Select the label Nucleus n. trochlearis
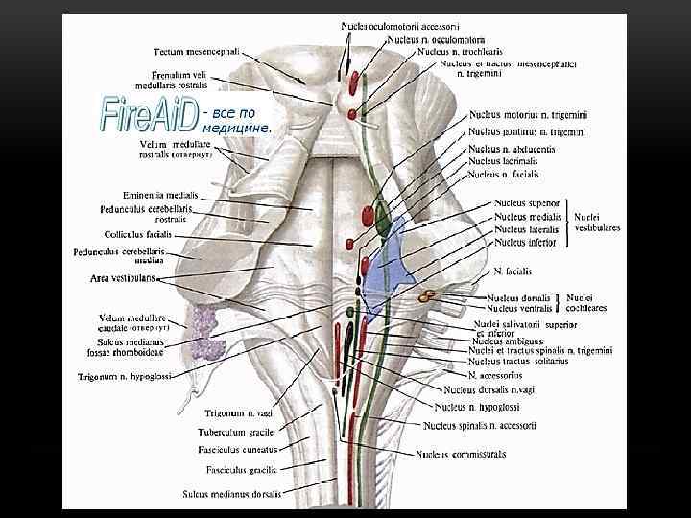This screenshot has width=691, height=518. [x=460, y=51]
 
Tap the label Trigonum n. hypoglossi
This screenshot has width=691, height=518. [x=125, y=377]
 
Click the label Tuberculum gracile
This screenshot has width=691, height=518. [x=237, y=433]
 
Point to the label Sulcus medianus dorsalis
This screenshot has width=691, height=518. [x=233, y=495]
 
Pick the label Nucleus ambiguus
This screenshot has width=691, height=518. [x=508, y=341]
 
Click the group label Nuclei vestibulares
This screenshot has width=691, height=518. [x=597, y=224]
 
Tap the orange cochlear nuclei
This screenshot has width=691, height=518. [x=428, y=299]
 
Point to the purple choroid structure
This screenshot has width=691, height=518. [x=204, y=331]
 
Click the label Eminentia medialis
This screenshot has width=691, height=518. [x=160, y=195]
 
